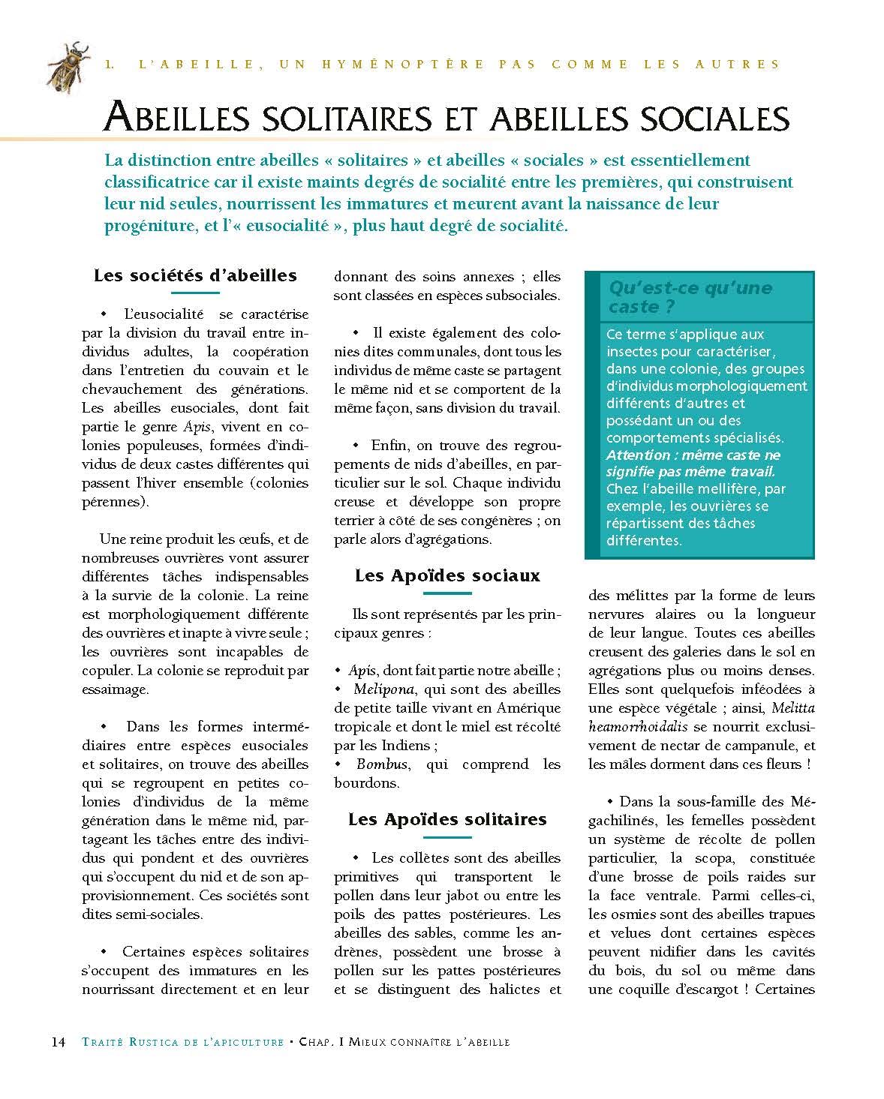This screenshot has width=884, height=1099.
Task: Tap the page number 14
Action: tap(58, 1042)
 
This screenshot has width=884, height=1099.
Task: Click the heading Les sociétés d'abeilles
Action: tap(195, 275)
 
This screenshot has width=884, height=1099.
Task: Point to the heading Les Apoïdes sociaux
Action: tap(447, 575)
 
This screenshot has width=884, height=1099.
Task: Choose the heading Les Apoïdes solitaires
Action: tap(447, 819)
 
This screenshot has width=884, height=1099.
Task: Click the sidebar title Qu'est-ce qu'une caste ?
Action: tap(690, 297)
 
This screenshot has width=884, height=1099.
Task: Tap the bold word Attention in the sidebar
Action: tap(639, 455)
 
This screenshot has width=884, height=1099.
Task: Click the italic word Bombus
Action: tap(383, 764)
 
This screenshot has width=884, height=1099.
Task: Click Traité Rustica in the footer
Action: tap(122, 1042)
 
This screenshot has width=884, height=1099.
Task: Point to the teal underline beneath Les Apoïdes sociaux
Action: tap(447, 593)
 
